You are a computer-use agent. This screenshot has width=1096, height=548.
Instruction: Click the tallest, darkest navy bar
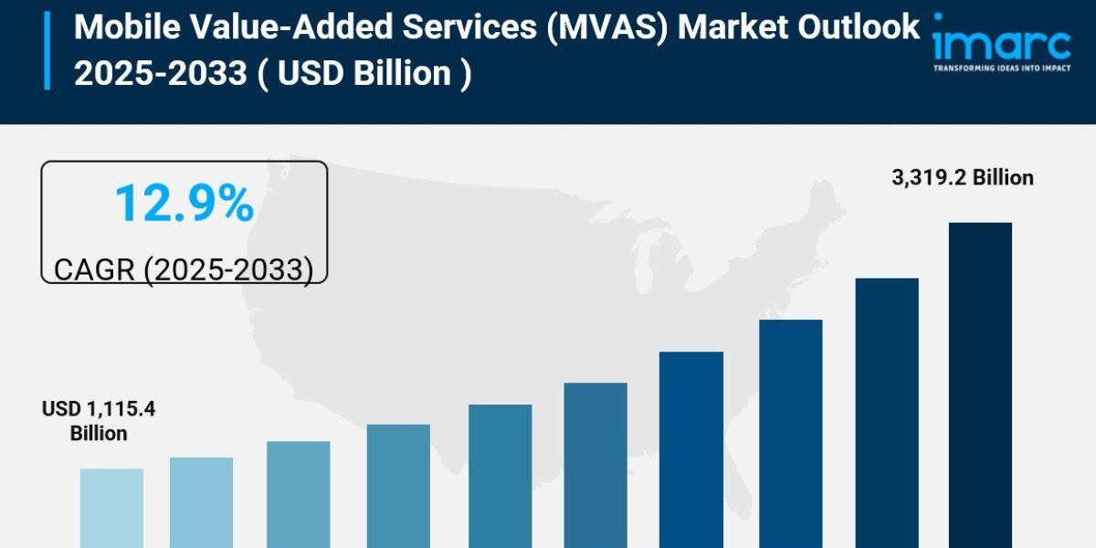[980, 384]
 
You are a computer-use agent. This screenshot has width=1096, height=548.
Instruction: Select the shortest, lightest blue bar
[111, 508]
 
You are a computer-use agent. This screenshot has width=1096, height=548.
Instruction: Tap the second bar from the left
[201, 502]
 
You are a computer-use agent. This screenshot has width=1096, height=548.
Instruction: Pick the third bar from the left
[299, 494]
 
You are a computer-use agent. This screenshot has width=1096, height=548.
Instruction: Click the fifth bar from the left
[500, 476]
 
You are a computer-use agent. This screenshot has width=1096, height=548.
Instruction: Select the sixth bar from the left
[595, 465]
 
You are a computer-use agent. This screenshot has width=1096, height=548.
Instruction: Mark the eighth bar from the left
[790, 434]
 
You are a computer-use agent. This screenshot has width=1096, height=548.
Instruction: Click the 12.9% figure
[184, 204]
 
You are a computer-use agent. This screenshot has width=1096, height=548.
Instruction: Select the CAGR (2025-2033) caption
[184, 269]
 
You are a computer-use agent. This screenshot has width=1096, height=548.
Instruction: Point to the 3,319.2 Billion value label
[963, 178]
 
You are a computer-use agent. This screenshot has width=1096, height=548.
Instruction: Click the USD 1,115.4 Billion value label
[99, 421]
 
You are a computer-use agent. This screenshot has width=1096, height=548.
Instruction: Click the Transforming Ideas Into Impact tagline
[1001, 68]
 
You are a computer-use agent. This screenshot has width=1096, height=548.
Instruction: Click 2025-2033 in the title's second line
[160, 72]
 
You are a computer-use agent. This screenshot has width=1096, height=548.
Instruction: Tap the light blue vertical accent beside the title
[47, 50]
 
